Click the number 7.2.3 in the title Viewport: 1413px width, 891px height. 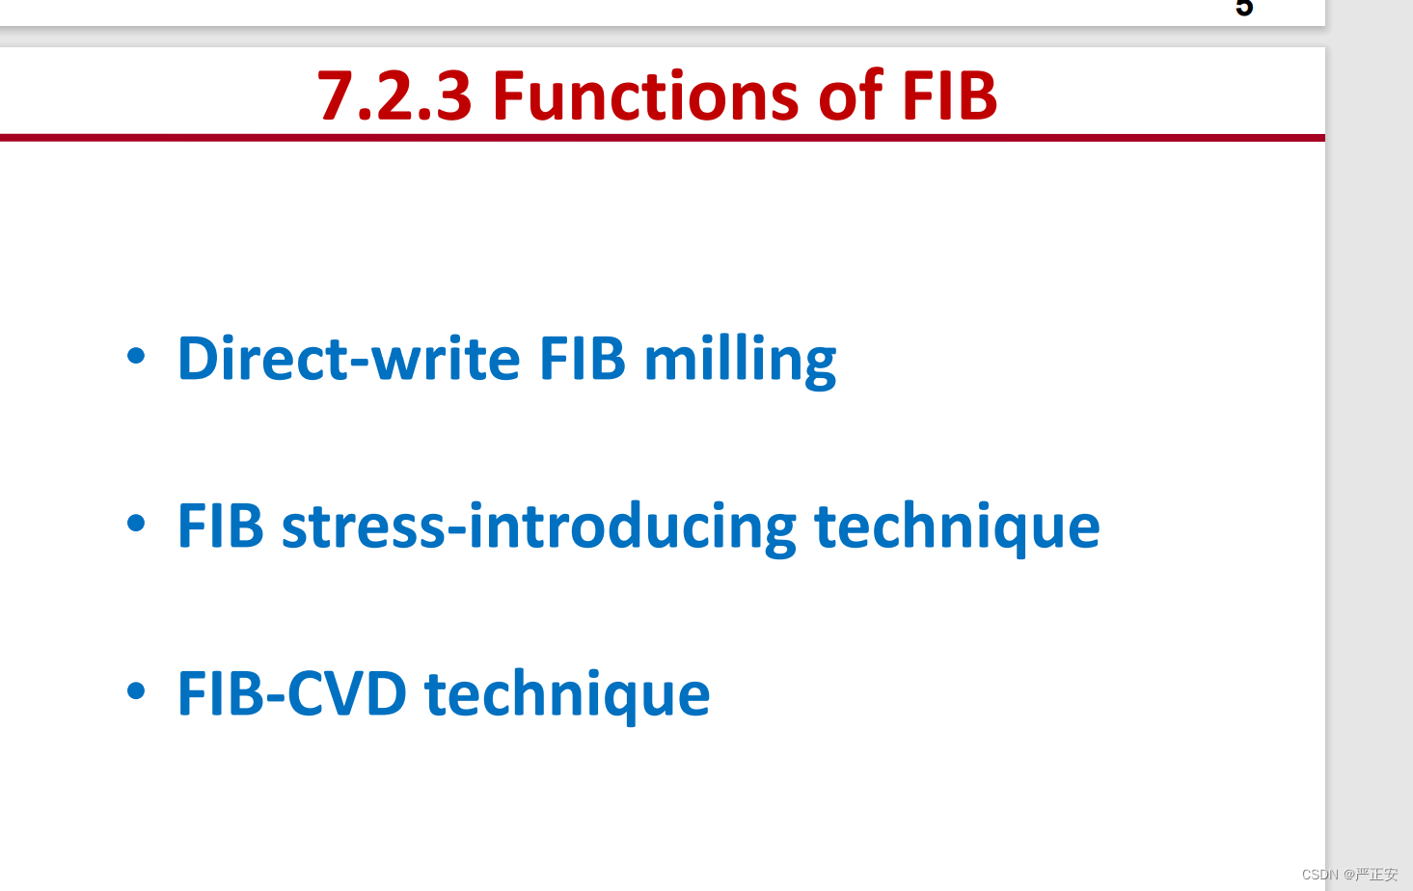point(394,95)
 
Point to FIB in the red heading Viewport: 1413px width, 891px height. point(949,95)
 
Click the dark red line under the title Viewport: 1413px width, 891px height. point(663,138)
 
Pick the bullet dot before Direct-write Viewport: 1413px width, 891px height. point(136,356)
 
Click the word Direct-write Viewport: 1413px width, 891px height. point(349,358)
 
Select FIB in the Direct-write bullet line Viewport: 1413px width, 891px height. point(583,358)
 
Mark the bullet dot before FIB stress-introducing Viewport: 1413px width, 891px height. point(136,523)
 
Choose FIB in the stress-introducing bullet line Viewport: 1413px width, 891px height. point(220,525)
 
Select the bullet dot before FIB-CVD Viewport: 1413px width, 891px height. point(136,690)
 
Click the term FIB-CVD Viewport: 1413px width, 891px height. point(292,693)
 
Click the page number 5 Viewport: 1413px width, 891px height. point(1244,8)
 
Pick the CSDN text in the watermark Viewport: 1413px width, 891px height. point(1319,875)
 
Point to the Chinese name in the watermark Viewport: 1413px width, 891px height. point(1377,875)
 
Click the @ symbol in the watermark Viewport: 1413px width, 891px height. point(1348,875)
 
